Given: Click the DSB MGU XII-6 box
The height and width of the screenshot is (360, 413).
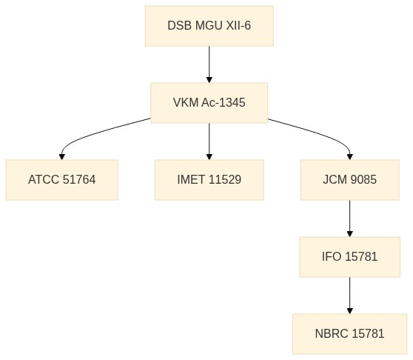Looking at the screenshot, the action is click(x=209, y=26).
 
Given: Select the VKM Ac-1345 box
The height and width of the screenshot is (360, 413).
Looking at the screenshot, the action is click(x=209, y=103).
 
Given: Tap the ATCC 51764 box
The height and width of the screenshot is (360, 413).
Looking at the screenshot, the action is click(x=62, y=180).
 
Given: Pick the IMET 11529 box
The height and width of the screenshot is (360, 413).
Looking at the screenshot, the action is click(x=209, y=180).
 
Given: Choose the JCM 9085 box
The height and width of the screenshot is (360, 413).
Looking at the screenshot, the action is click(x=350, y=180).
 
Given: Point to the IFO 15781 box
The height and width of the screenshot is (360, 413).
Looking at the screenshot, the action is click(x=350, y=257).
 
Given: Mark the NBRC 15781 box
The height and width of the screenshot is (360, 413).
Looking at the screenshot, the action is click(x=350, y=333).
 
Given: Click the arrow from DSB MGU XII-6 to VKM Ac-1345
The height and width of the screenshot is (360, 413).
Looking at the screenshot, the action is click(x=209, y=64).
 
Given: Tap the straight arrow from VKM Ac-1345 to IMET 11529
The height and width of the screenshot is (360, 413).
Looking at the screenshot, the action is click(x=209, y=141).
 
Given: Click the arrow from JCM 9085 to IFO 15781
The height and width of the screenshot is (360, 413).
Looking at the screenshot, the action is click(x=350, y=219).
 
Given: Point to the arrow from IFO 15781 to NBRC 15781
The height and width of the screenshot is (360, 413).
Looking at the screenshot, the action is click(x=350, y=296).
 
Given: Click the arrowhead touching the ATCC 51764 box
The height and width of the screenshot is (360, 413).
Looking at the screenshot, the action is click(x=62, y=156).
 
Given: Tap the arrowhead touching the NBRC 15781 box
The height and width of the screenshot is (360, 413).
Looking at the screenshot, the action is click(x=350, y=310).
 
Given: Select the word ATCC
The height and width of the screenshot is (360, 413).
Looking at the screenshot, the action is click(x=44, y=180).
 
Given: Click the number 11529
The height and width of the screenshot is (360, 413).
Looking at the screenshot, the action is click(x=225, y=180).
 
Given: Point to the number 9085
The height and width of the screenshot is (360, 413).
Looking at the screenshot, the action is click(x=363, y=180).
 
